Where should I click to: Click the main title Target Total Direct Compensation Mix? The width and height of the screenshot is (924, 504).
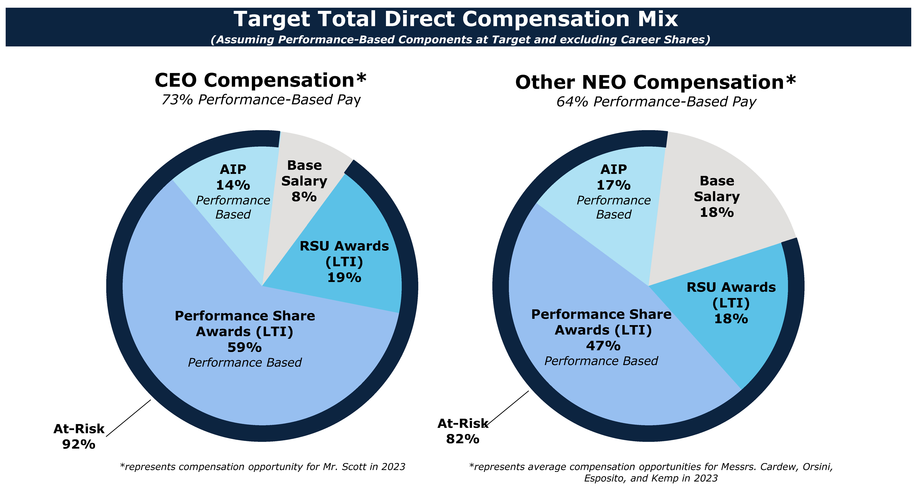pos(456,19)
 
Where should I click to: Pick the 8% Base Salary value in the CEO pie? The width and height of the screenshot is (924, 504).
pos(304,197)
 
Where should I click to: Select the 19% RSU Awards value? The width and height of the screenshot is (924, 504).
pos(344,278)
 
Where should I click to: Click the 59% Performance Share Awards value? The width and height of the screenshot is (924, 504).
pos(245,347)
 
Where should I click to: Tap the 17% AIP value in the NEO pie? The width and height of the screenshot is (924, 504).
pos(613,185)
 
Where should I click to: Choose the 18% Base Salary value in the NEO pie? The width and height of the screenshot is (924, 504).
pos(717,212)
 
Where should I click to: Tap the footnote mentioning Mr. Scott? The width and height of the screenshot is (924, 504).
pos(263,467)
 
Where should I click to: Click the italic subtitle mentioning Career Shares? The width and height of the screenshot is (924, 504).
pos(460,39)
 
